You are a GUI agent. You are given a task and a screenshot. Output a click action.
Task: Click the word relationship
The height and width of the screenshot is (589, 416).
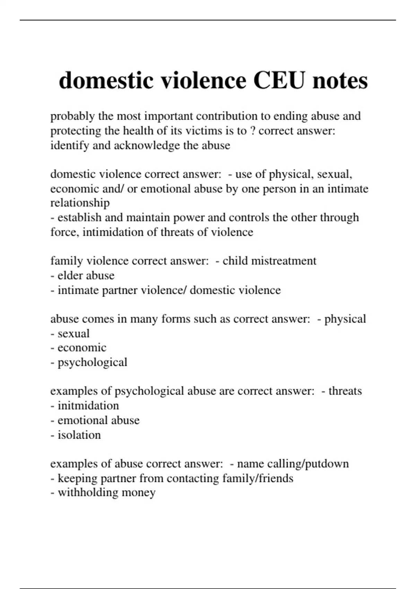coord(80,203)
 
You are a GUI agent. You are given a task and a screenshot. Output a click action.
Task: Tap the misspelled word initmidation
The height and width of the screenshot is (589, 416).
coord(88,406)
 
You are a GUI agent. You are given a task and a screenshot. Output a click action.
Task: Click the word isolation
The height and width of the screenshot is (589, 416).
coord(79,435)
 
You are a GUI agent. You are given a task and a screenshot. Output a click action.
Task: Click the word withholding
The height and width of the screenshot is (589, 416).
coord(83,493)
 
